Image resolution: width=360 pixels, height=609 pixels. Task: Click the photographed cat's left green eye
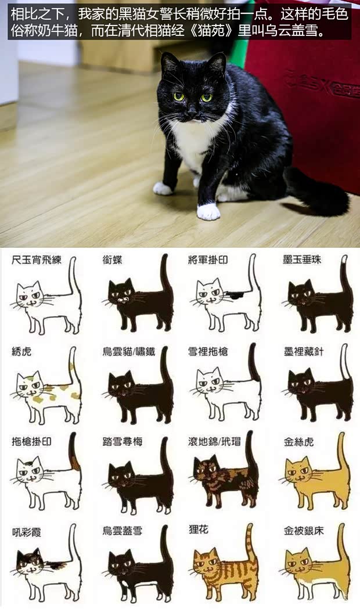[178, 96]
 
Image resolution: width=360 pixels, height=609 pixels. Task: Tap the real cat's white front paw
[208, 211]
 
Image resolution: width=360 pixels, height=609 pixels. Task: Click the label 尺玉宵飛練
[36, 260]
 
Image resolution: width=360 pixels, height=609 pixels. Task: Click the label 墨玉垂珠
[302, 260]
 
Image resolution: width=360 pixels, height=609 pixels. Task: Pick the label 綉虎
[21, 351]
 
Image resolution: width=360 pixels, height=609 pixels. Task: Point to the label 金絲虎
[298, 442]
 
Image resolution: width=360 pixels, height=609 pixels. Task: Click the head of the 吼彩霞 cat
[30, 561]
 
